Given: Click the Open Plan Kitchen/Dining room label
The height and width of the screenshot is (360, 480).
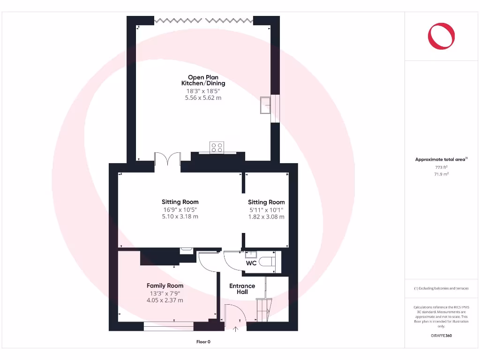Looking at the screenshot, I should coord(203,80).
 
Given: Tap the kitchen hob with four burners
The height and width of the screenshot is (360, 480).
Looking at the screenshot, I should coord(217,147).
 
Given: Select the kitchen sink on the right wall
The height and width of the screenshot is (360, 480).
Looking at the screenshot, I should coord(265,105).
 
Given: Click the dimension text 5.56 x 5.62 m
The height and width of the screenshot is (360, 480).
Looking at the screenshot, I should coord(203,98).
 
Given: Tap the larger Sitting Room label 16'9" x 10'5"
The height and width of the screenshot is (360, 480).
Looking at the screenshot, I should coord(180,202).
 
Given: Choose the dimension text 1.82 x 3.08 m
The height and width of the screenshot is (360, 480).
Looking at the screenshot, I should coord(266,217).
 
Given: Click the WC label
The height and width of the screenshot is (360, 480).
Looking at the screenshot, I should coord(251,263).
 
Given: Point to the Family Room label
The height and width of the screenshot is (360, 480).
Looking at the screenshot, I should coord(165,285).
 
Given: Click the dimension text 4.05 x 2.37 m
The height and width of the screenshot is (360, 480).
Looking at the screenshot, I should coord(165,300).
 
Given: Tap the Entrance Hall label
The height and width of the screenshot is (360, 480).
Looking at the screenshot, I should coord(242,289).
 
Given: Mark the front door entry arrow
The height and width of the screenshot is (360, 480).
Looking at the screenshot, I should coord(235,329).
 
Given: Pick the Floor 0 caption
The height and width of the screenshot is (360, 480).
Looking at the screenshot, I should coord(203,342).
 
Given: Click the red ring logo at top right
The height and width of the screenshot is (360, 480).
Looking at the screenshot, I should coord(441,37).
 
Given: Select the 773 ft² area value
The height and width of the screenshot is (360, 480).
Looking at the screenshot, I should coord(441,167).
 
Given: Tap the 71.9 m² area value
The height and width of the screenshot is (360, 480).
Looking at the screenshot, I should coord(441,174).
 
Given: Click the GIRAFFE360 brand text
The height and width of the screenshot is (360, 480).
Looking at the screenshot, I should coord(441,336).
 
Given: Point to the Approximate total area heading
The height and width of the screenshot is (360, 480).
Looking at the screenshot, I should coord(441,160).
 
